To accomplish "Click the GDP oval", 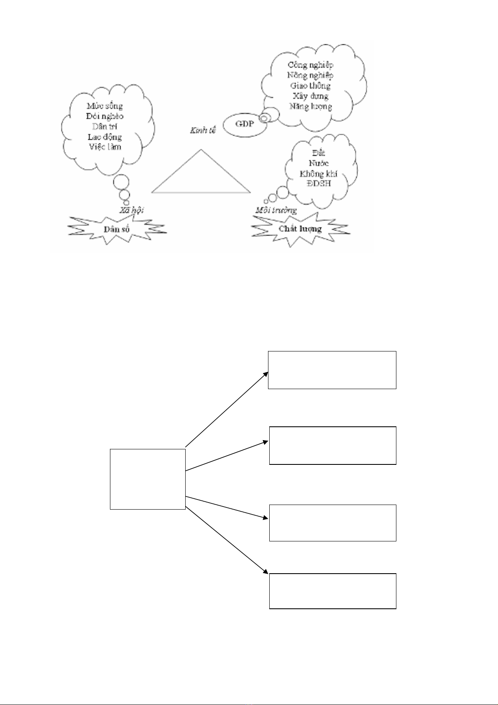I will tap(245, 124).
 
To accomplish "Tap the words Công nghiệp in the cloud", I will tap(310, 65).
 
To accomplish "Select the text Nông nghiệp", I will tap(310, 75).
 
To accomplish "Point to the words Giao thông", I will tap(310, 86).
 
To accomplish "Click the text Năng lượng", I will tap(310, 106).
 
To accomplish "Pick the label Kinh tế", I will tap(203, 131).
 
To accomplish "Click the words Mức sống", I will tap(105, 106).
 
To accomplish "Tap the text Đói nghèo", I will tap(105, 116).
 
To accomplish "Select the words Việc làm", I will tap(105, 147).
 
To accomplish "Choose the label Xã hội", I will tap(131, 210).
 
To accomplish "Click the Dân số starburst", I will tap(117, 229).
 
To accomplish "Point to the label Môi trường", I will tap(276, 210).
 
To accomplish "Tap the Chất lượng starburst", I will tap(300, 228).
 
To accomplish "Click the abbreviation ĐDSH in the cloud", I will tap(319, 184).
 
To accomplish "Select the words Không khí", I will tap(318, 174).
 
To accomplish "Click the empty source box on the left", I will tap(147, 479).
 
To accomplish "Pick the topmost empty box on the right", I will tap(332, 370).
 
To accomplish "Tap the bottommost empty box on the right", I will tap(332, 591).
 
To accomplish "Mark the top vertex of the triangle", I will tap(201, 149).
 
